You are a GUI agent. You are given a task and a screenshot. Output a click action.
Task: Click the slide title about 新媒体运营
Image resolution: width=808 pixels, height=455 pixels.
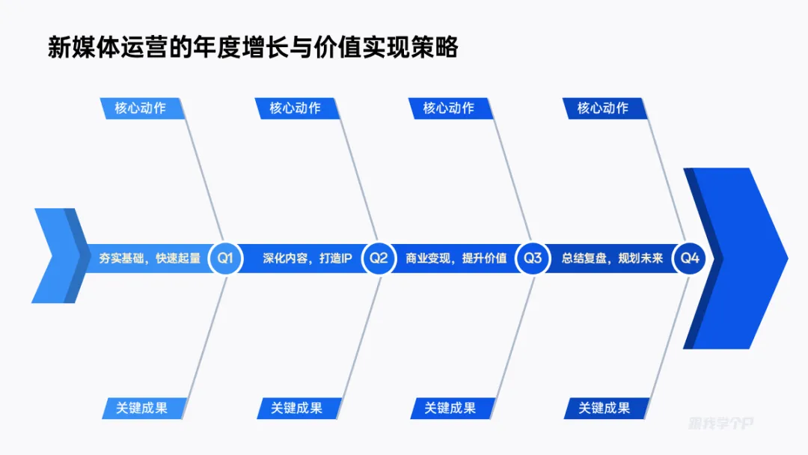click(x=253, y=48)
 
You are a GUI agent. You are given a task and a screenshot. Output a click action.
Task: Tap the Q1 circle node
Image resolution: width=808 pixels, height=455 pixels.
click(x=225, y=258)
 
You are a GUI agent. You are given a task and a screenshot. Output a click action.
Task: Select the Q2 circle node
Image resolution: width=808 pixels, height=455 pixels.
click(x=379, y=258)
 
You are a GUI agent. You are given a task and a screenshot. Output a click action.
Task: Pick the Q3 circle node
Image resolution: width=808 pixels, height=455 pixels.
click(x=532, y=258)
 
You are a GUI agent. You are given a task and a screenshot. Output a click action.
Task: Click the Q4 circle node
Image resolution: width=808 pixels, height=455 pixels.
click(x=689, y=258)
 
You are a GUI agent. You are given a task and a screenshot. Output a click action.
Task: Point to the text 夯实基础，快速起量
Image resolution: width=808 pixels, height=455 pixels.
click(x=150, y=259)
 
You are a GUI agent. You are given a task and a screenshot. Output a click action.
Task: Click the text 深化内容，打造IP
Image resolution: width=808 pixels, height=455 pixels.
click(x=307, y=259)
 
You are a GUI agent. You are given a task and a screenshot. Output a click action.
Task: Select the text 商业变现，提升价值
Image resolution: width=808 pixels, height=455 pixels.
click(x=456, y=259)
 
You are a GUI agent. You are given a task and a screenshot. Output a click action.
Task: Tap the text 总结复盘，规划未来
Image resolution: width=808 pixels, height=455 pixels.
click(x=612, y=259)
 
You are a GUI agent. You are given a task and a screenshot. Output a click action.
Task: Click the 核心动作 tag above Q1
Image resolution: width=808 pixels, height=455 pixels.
click(x=141, y=108)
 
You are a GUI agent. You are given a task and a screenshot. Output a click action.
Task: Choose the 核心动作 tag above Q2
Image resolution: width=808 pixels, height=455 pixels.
click(x=295, y=108)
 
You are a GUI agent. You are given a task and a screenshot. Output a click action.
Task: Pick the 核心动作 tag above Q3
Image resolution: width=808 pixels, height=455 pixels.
click(x=449, y=108)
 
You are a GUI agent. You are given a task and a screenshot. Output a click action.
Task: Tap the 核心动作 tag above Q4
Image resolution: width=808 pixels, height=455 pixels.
click(x=603, y=108)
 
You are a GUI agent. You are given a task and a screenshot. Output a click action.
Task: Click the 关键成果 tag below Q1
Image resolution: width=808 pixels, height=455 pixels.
click(x=142, y=408)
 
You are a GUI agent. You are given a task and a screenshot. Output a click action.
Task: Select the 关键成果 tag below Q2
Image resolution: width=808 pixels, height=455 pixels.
click(x=296, y=408)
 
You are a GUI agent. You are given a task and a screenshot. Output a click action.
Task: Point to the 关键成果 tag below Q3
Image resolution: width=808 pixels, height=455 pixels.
click(x=450, y=408)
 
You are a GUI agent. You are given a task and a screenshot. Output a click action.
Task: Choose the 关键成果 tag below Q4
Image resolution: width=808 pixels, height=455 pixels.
click(x=605, y=408)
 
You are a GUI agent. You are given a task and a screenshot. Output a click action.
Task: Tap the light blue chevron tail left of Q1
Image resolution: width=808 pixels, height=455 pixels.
click(x=56, y=256)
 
